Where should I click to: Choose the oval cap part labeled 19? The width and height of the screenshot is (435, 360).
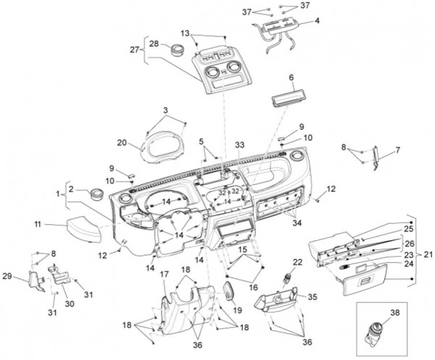pos(231,295)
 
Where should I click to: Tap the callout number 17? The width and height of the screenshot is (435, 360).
pos(164,274)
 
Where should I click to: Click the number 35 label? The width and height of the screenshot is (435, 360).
pos(312,297)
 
